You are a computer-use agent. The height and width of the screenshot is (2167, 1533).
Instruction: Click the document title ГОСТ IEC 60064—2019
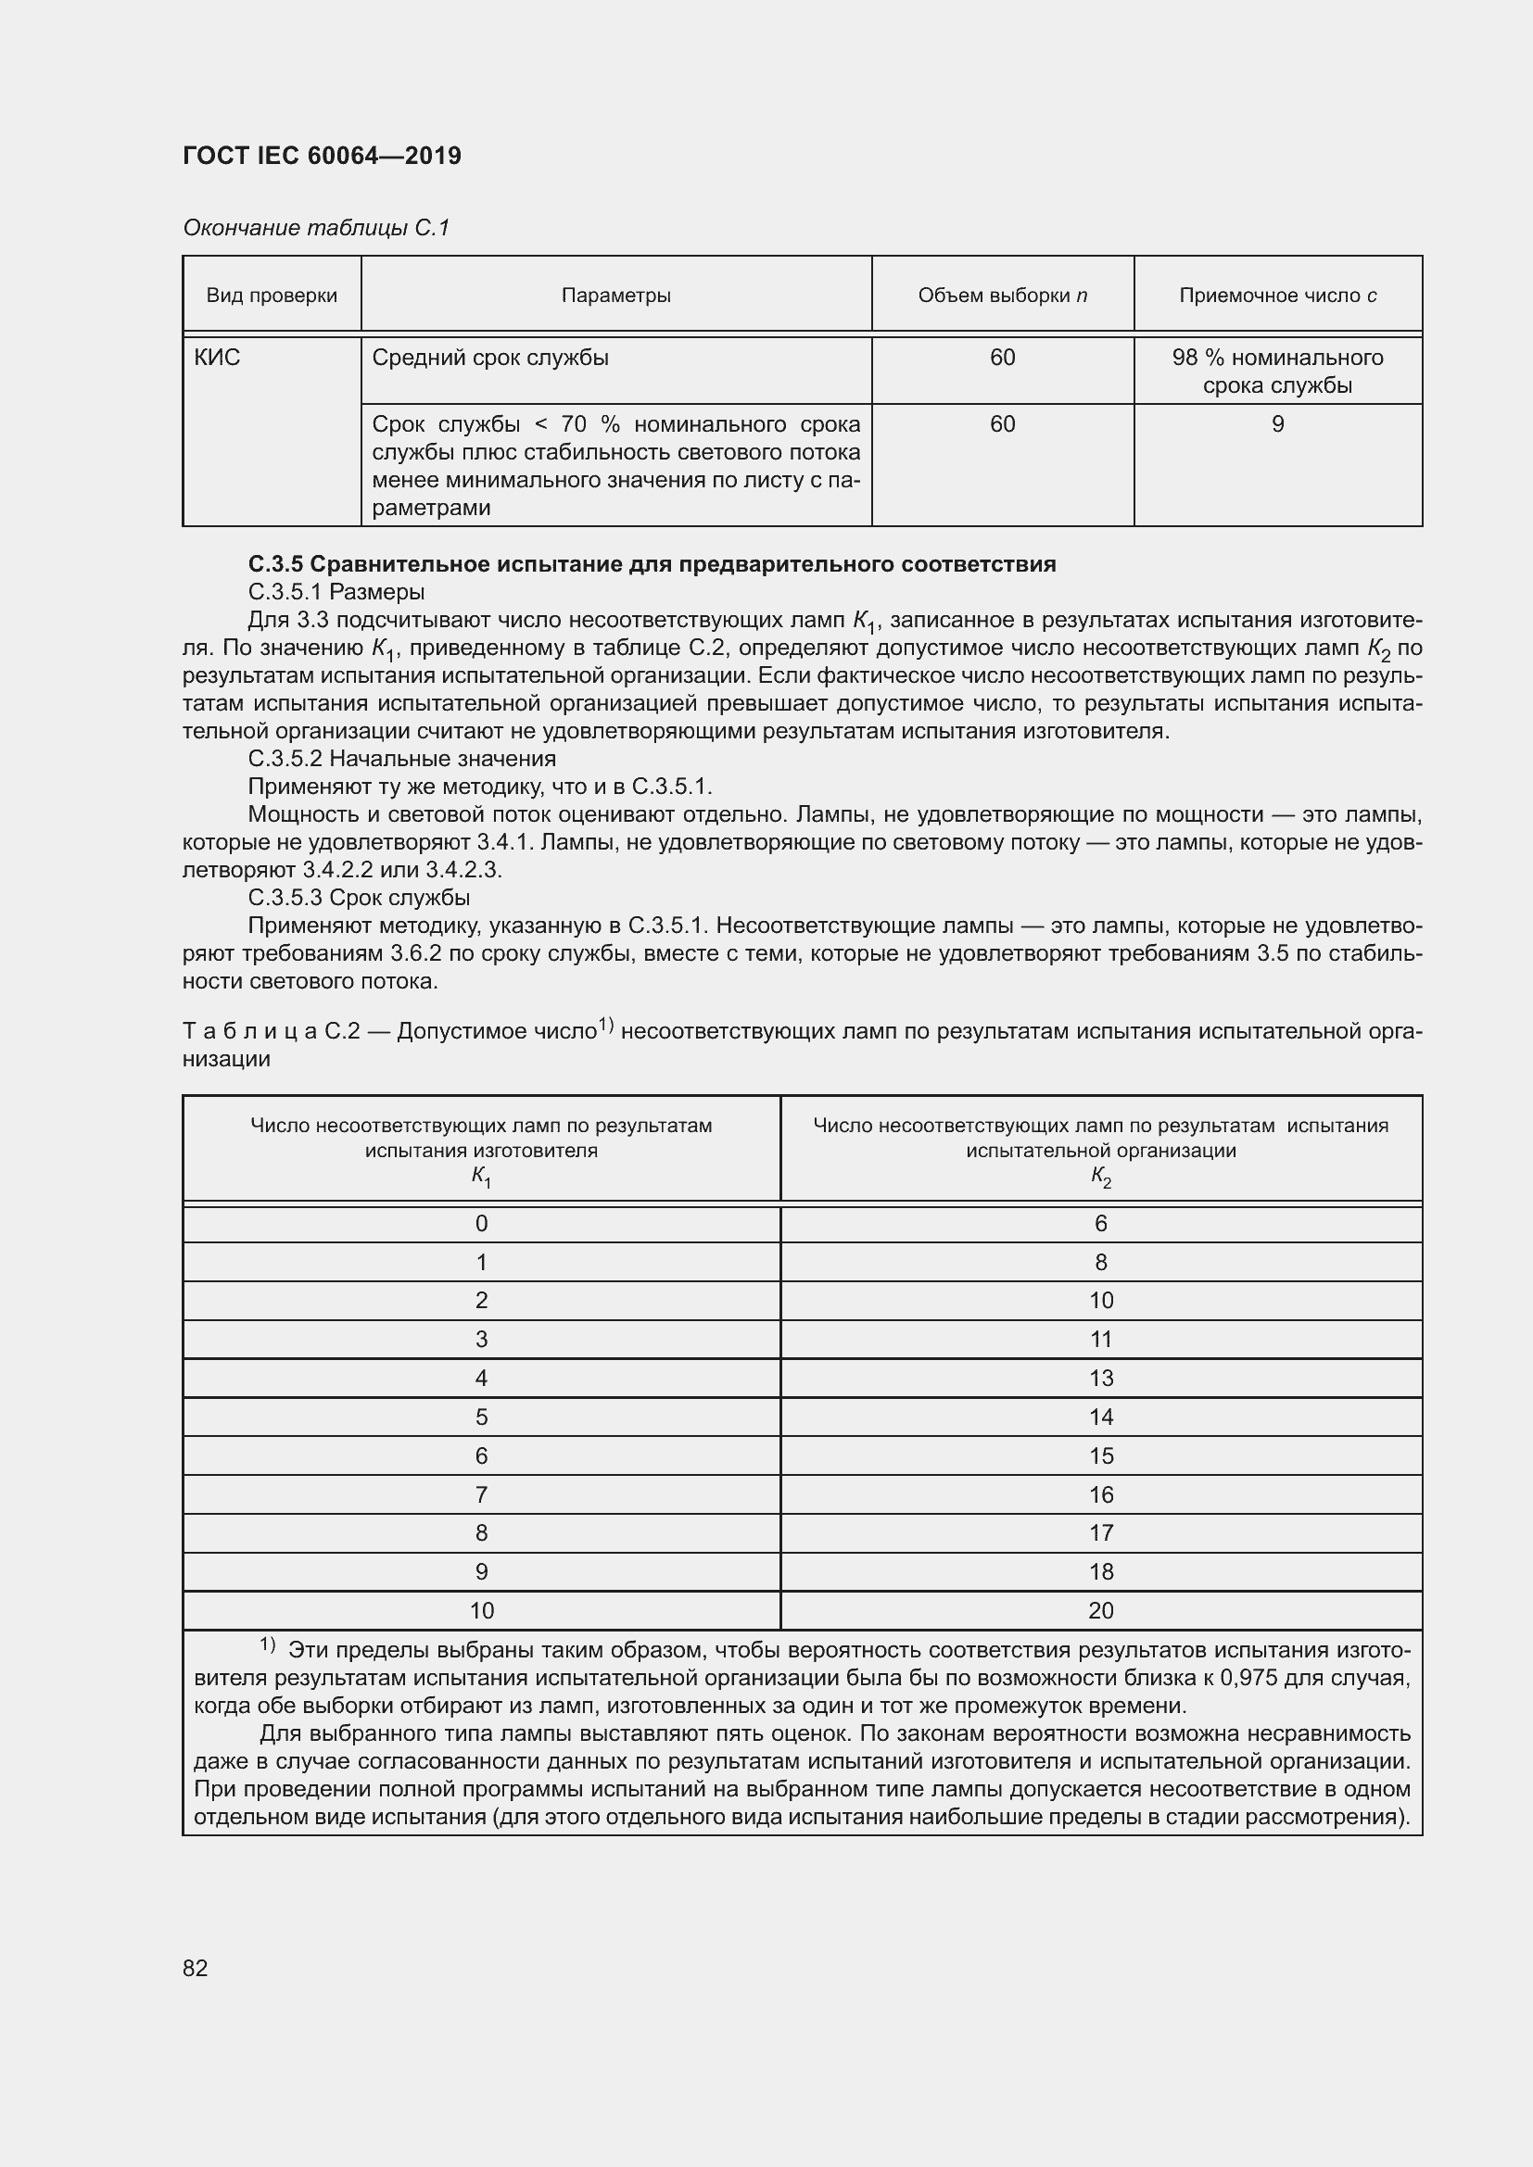click(322, 156)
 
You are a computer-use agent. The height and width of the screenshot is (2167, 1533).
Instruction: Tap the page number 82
click(196, 1968)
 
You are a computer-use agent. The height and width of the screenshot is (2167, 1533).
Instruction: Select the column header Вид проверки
click(272, 296)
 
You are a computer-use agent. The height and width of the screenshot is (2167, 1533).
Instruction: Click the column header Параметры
click(615, 296)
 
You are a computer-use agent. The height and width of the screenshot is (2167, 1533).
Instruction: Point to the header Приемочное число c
click(1277, 296)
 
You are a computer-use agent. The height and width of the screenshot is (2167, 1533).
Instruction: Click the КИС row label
click(217, 358)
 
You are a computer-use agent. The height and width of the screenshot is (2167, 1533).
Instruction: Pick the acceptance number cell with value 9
click(1277, 424)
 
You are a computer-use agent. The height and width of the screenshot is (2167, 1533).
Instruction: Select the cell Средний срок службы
click(490, 358)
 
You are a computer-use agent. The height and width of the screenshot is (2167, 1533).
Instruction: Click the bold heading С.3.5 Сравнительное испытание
click(652, 564)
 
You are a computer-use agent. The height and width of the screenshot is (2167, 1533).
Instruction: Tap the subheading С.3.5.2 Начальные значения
click(402, 759)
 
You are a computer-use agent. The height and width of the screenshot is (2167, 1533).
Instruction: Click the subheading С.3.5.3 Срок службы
click(359, 898)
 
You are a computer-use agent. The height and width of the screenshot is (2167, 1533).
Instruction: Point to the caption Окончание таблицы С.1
click(316, 228)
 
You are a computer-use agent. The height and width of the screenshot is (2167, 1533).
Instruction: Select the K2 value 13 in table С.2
click(1101, 1378)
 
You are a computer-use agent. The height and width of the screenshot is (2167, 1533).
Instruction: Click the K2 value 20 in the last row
click(1101, 1611)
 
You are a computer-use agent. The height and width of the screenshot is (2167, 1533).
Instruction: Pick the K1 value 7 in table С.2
click(481, 1495)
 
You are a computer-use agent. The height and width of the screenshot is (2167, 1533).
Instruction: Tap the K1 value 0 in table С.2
click(481, 1224)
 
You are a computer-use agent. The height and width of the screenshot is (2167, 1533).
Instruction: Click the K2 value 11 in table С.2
click(1101, 1340)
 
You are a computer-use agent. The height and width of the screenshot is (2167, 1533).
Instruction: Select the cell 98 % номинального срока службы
click(1277, 371)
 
